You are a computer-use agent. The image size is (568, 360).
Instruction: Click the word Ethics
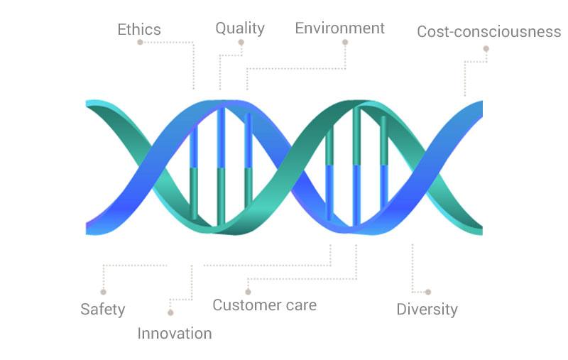139,29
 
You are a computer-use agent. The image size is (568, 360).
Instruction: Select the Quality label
240,28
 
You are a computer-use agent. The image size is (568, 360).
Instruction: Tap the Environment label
340,28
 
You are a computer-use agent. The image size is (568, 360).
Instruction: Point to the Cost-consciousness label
489,31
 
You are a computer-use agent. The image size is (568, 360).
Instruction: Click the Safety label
103,310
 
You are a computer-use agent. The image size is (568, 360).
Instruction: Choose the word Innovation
175,334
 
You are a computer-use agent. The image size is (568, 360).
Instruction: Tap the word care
301,305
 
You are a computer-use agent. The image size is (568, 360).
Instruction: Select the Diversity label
427,310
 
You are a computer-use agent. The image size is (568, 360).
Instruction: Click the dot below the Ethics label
140,43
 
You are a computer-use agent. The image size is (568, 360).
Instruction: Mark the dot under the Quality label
241,43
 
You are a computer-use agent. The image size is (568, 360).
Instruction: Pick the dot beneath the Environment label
345,43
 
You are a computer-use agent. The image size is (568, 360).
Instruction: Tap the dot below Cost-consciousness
486,48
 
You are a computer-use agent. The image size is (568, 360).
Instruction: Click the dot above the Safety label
103,292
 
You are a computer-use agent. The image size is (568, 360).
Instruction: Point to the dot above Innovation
170,312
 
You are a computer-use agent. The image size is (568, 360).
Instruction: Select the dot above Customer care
248,292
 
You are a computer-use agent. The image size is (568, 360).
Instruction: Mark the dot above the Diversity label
428,292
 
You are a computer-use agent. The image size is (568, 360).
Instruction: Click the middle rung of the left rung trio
221,167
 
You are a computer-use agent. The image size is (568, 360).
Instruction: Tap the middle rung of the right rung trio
357,166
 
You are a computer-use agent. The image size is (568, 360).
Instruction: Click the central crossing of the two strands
289,168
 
